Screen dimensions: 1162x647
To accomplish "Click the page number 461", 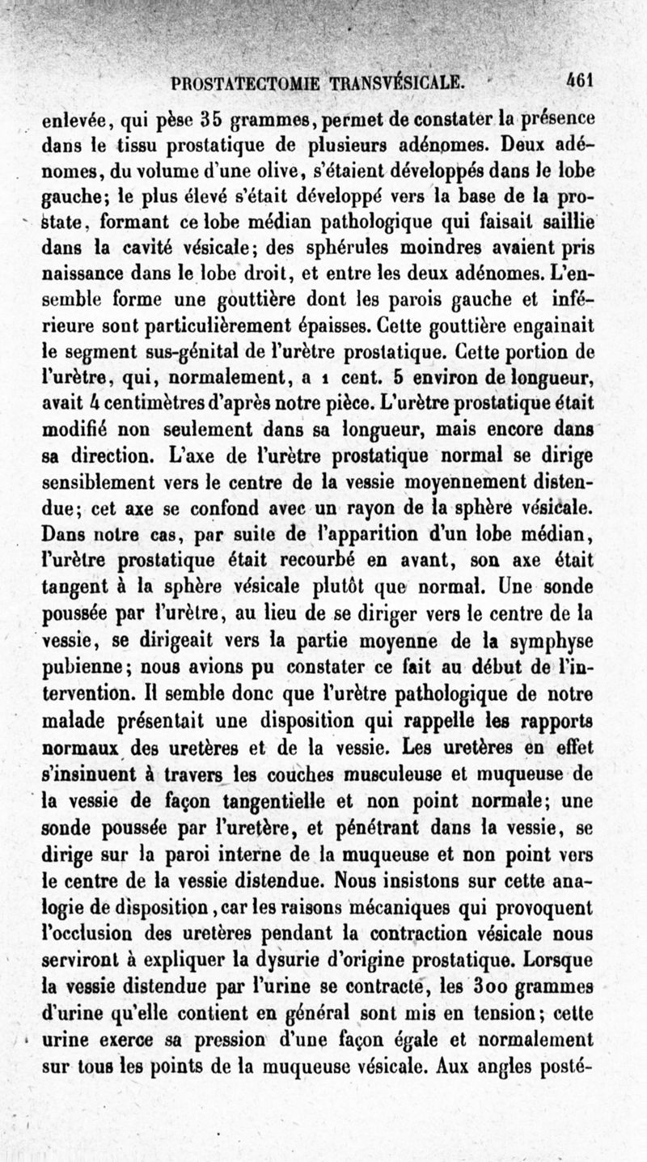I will pos(580,80).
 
